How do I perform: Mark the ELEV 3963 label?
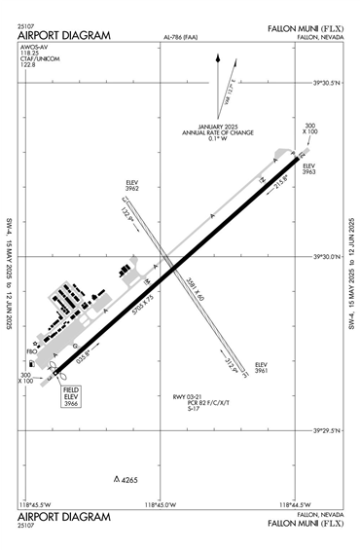pyautogui.click(x=309, y=169)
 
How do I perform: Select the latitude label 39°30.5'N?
pyautogui.click(x=324, y=83)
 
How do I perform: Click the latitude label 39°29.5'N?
pyautogui.click(x=324, y=430)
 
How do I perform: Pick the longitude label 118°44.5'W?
pyautogui.click(x=294, y=504)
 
